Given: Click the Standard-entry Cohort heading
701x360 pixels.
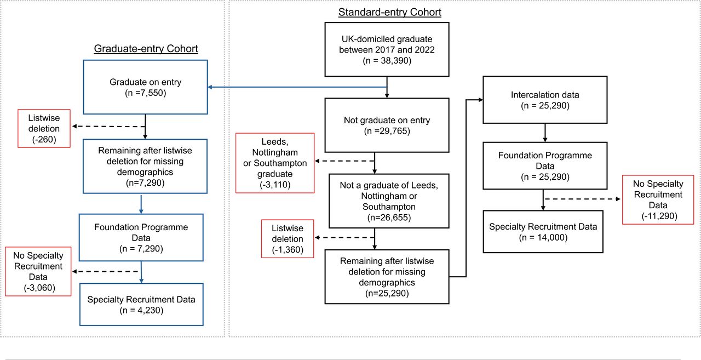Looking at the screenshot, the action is click(389, 12).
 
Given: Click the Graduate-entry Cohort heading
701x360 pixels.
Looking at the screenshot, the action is click(146, 49).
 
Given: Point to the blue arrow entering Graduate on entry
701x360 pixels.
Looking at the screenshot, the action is click(297, 87).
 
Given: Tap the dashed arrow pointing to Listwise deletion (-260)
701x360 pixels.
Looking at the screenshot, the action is click(108, 127).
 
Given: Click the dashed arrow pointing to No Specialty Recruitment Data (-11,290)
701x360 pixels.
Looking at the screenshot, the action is click(582, 199).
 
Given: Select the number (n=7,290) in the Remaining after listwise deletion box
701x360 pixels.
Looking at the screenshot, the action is click(145, 183).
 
